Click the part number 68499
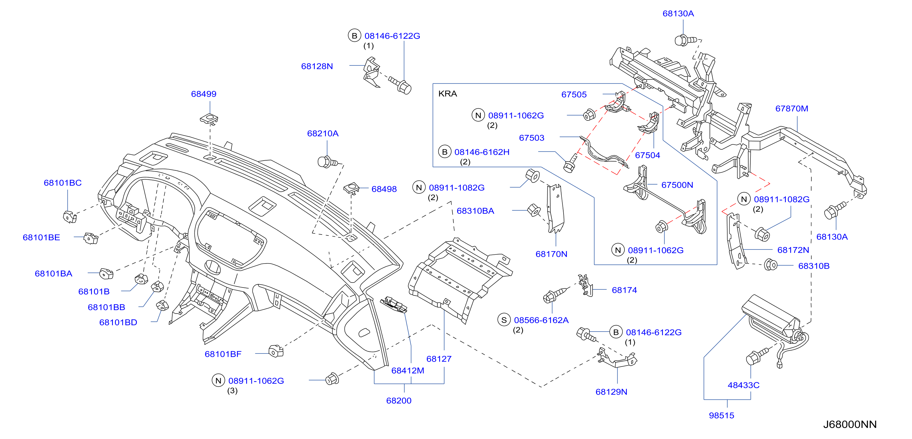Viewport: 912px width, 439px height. coord(204,94)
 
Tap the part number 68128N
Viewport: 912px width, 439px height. coord(317,66)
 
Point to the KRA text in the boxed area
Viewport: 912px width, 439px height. coord(447,93)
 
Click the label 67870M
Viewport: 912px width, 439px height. coord(792,109)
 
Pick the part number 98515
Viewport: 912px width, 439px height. coord(721,415)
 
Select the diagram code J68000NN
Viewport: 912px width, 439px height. coord(850,424)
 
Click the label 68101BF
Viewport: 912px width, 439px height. coord(223,354)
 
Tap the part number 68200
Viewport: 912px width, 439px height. coord(399,400)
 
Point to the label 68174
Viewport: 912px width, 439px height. coord(624,290)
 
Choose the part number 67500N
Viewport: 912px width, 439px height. coord(677,185)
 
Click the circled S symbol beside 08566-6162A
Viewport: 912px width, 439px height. coord(504,320)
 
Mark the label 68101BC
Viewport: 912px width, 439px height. coord(63,183)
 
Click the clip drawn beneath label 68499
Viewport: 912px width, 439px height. coord(209,119)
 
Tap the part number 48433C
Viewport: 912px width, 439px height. coord(744,385)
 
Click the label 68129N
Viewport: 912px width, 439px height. coord(611,392)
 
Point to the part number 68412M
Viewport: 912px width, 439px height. coord(408,370)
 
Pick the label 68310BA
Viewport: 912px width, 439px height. coord(475,211)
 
